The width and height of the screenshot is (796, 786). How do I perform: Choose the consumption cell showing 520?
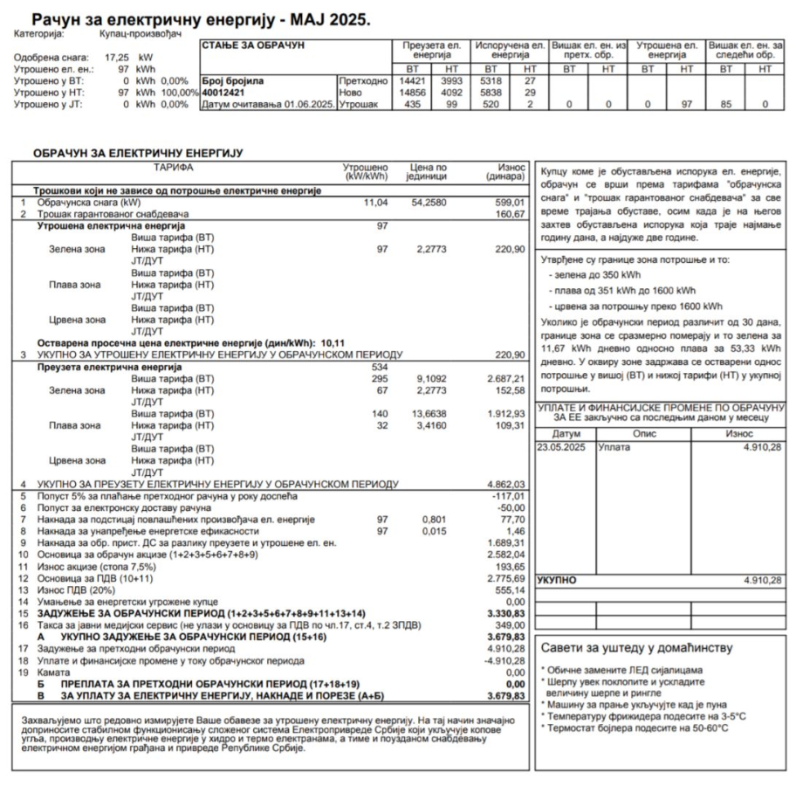[490, 105]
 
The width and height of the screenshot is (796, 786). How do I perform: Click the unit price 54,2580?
[429, 203]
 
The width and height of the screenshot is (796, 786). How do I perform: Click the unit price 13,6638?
[429, 412]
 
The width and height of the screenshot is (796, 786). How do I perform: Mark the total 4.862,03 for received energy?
[505, 483]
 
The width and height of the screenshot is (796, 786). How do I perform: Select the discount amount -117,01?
[507, 495]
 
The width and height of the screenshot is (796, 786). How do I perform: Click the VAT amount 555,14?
[507, 590]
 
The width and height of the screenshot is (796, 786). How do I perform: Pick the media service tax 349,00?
[507, 625]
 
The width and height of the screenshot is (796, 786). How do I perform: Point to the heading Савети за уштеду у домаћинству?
[637, 648]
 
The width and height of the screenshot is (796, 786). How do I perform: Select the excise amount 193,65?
[507, 567]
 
